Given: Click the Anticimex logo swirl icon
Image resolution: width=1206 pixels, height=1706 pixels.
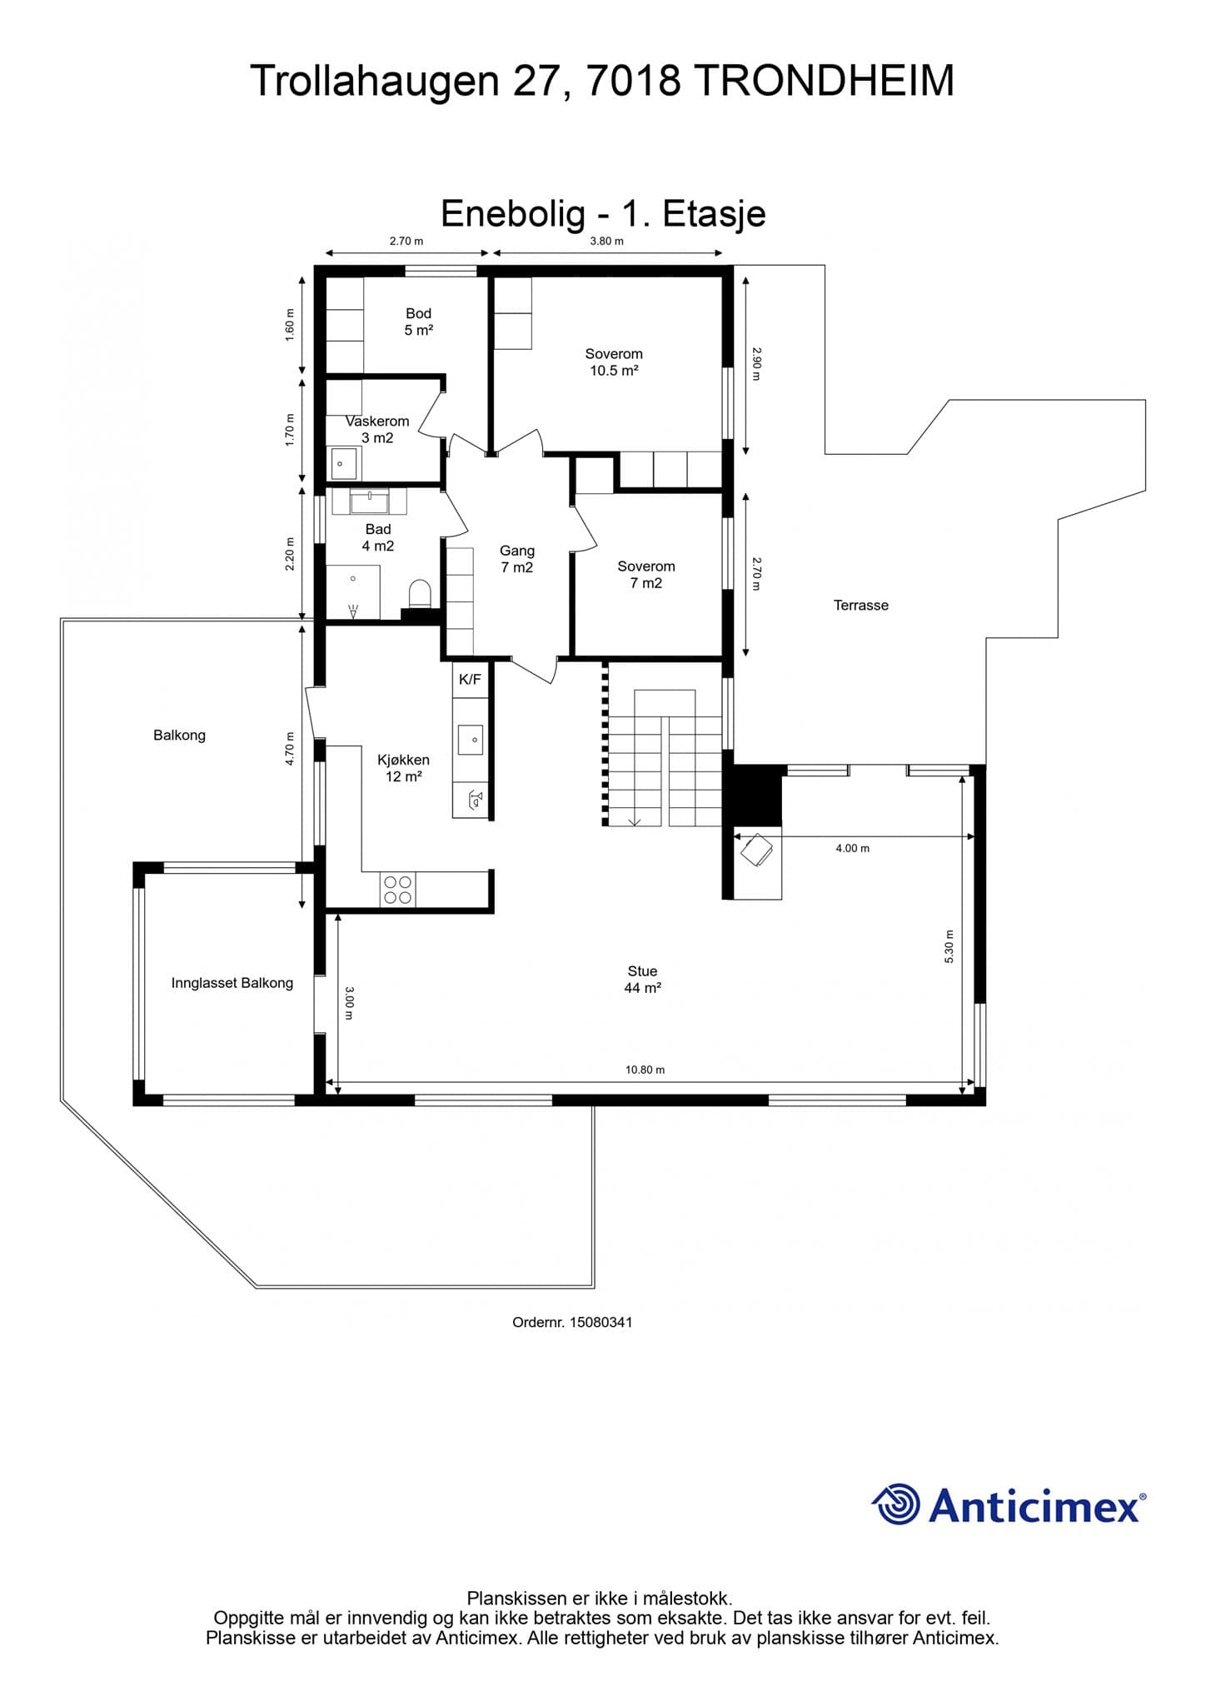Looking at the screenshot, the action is coord(896,1504).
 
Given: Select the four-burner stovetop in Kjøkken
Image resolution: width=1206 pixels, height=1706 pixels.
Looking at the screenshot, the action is coord(397,890).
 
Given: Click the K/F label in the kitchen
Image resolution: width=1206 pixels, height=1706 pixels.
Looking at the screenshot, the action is coord(470,680).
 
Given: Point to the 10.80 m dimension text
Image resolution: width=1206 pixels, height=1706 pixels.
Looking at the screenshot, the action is coord(645,1070).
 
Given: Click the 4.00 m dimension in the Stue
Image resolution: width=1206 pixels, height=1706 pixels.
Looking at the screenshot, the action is coord(853,848).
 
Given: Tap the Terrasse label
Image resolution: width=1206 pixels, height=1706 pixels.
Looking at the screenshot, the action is coord(861,606).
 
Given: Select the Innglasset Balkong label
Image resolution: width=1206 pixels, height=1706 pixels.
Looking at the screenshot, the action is coord(232,983).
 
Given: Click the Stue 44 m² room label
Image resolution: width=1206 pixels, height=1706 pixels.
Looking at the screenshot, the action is coord(643,980).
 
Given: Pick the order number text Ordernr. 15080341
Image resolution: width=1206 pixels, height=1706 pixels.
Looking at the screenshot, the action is coord(573,1322).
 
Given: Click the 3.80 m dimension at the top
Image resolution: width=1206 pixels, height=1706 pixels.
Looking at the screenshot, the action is coord(607,242).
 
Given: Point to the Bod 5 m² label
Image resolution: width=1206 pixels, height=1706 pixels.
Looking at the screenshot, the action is coord(419,322).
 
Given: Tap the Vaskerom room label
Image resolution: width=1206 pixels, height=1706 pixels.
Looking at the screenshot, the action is coord(377,422).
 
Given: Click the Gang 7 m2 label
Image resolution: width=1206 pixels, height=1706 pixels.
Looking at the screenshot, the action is coord(517,559).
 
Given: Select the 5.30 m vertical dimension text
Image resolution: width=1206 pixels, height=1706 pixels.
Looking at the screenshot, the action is coord(949,947).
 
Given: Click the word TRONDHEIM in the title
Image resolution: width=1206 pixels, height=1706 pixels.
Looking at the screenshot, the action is coord(824,81).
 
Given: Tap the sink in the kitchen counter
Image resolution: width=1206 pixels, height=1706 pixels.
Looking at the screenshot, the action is coord(471,739).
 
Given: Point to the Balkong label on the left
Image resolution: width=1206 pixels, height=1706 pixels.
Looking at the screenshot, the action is coord(179,736).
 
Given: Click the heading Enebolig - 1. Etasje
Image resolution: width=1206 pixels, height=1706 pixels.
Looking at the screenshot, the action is coord(603,213).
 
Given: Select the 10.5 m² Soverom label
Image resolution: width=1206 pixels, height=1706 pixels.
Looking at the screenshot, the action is coord(614,362).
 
